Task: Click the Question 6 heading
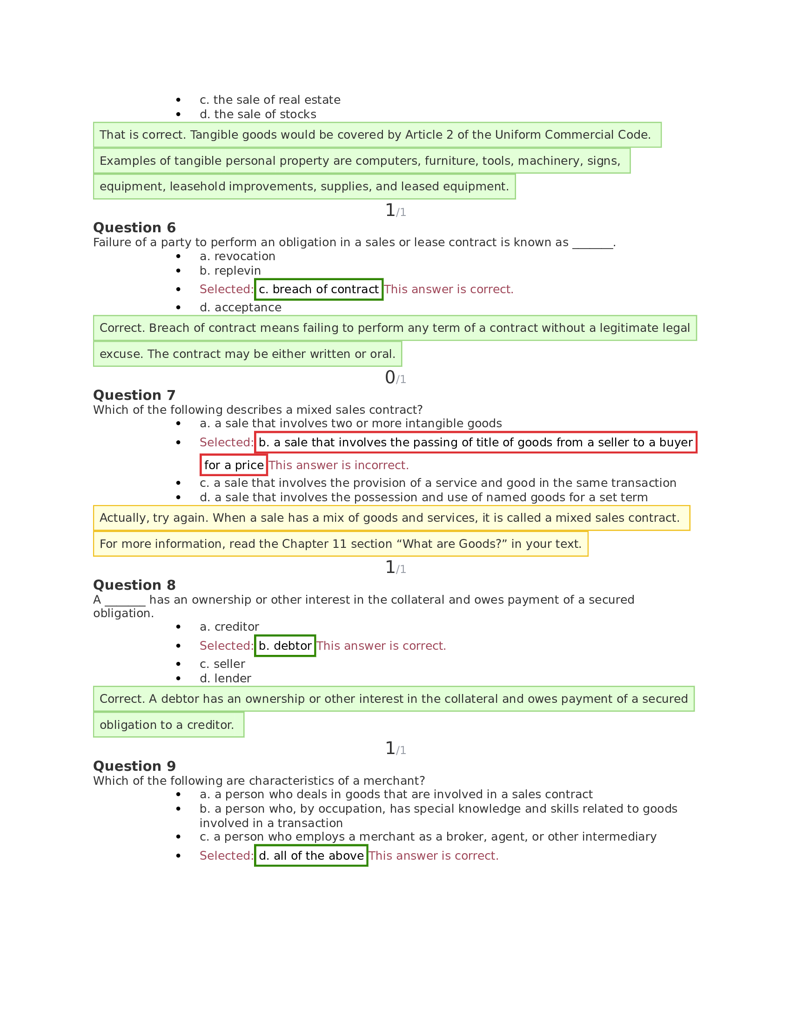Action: click(134, 228)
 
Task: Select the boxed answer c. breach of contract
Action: click(318, 290)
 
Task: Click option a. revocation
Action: click(237, 256)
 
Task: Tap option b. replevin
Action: click(230, 270)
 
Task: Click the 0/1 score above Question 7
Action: click(395, 377)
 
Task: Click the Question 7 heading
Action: click(134, 395)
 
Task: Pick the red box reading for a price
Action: click(234, 465)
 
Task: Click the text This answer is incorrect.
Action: click(338, 465)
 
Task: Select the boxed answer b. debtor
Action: click(284, 646)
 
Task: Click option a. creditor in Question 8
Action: click(229, 627)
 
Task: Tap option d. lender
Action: click(225, 679)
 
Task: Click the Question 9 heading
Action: click(134, 766)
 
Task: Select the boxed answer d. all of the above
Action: click(311, 856)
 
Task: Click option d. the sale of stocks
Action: click(258, 115)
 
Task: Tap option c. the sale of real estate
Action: click(269, 100)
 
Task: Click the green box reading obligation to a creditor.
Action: click(168, 725)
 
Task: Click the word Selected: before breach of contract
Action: click(226, 290)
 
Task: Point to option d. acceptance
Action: click(241, 308)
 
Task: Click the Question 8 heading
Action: click(134, 585)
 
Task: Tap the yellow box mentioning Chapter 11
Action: click(340, 544)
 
